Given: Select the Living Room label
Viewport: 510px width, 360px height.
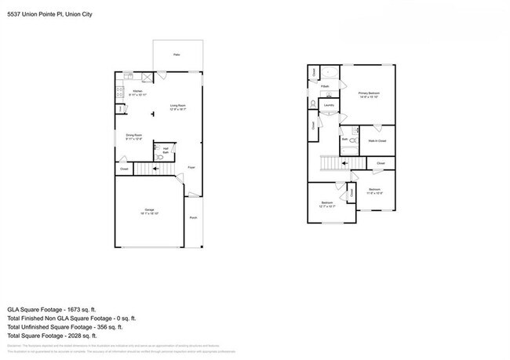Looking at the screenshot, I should coord(178,107).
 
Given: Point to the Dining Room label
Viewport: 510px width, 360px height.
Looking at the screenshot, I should coord(133,136).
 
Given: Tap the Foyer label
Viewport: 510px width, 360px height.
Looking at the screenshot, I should coord(191,167).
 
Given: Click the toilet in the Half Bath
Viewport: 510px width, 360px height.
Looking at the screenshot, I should coord(158,156).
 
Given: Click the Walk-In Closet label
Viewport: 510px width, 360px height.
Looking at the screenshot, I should coord(377,140).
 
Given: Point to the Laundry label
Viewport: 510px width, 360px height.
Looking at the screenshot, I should coord(330,105).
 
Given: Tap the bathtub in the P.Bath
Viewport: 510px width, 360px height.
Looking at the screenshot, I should coord(330,77).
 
